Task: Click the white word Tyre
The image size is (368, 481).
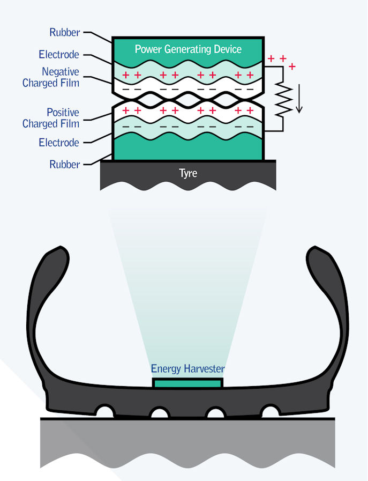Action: pyautogui.click(x=188, y=174)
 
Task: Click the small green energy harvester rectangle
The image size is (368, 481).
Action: pyautogui.click(x=187, y=383)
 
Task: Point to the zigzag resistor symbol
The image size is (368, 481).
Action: pyautogui.click(x=282, y=100)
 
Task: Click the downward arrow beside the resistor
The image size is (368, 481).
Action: pyautogui.click(x=299, y=100)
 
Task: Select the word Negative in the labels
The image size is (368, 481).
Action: pyautogui.click(x=61, y=71)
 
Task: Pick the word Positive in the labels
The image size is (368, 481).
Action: pyautogui.click(x=63, y=113)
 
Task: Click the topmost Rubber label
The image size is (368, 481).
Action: pyautogui.click(x=65, y=32)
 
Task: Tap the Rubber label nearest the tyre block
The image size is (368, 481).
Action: pyautogui.click(x=65, y=165)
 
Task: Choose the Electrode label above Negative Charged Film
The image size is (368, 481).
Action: pyautogui.click(x=59, y=54)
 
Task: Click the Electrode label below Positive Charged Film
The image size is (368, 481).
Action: pyautogui.click(x=59, y=143)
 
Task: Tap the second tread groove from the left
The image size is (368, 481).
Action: pyautogui.click(x=160, y=413)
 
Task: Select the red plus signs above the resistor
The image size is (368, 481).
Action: pyautogui.click(x=282, y=61)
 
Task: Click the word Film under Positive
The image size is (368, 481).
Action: pyautogui.click(x=70, y=124)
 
